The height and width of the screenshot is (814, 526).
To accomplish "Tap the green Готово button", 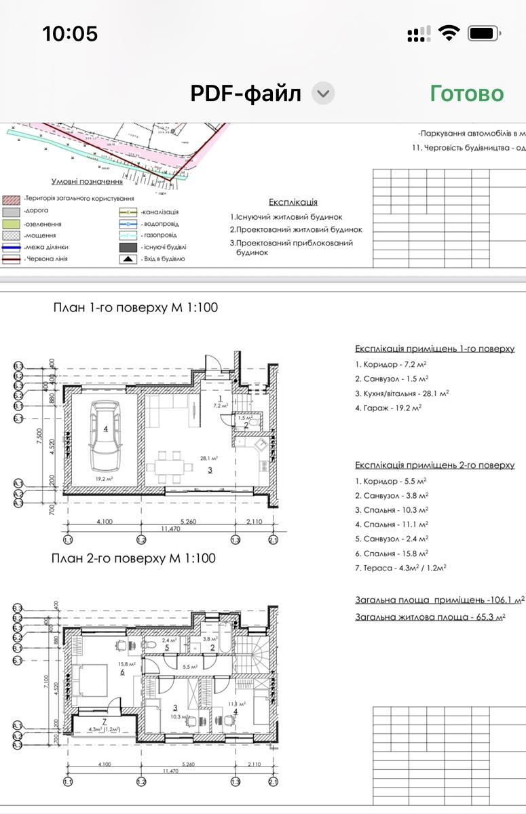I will click(466, 94).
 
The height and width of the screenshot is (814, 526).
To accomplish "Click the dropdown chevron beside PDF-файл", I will click(324, 94).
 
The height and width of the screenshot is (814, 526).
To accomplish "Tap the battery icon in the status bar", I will click(484, 33).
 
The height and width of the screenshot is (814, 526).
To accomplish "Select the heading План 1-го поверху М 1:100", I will click(136, 307).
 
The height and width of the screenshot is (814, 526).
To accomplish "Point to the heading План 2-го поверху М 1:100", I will click(134, 558).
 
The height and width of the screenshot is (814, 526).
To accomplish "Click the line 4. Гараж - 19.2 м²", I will click(388, 408).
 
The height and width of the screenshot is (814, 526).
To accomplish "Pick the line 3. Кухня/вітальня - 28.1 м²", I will click(402, 393).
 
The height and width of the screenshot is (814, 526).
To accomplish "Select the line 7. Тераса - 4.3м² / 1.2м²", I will click(400, 568).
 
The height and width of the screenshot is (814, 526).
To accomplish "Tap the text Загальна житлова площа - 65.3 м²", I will click(430, 617).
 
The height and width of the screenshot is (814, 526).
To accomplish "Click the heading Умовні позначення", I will click(87, 182).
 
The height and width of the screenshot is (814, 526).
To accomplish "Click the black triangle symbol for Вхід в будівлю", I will click(128, 258).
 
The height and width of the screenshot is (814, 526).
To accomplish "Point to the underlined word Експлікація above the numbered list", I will click(293, 202).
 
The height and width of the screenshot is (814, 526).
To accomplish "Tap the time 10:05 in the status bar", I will click(70, 33).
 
